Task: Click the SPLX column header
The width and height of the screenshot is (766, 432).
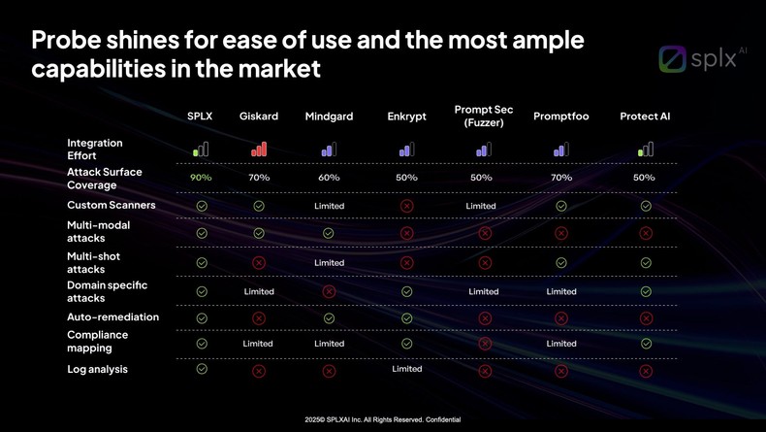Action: coord(200,116)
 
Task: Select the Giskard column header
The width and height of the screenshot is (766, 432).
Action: coord(259,116)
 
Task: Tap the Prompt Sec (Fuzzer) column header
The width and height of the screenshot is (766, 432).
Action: coord(484,116)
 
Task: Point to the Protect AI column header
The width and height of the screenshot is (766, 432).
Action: coord(645,116)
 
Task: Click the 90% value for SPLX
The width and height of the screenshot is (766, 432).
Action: coord(201,178)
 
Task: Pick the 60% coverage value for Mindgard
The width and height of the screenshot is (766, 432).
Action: coord(329,178)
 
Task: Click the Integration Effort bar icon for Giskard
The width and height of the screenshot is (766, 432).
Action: coord(259,150)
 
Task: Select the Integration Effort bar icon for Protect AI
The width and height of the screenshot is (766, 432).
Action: coord(646,150)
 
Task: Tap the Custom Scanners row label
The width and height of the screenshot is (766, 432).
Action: coord(111,206)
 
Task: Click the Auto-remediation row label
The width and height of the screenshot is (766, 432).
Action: coord(112,317)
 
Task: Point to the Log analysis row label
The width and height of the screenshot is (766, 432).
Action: coord(97,370)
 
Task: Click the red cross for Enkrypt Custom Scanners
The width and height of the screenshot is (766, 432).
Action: coord(407,206)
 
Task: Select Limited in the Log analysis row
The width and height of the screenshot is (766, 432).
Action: coord(407,369)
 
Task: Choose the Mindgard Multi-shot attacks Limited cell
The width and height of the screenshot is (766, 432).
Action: coord(330,263)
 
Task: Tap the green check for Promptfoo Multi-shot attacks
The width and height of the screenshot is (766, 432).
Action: coord(561,263)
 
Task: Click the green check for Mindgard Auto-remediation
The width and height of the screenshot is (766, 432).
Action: coord(329,318)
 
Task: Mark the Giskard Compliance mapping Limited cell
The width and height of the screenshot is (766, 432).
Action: coord(258,344)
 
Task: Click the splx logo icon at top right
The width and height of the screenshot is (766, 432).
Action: coord(673,59)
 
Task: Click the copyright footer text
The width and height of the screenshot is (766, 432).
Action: coord(382,420)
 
